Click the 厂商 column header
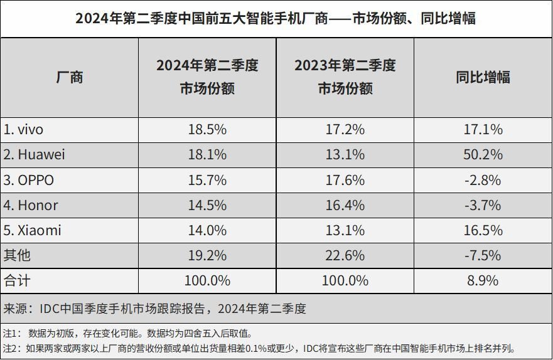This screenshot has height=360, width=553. click(x=70, y=77)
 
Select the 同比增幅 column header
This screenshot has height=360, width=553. click(x=483, y=77)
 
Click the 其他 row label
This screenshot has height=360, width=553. click(x=17, y=255)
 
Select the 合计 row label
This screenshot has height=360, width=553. click(x=17, y=281)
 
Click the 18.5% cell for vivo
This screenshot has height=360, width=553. click(x=207, y=130)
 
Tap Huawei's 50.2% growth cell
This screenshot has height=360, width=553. click(x=483, y=155)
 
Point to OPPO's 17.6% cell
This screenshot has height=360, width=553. click(x=345, y=180)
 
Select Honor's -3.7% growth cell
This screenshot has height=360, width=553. click(x=483, y=205)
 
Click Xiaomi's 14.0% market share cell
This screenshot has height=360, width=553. click(x=207, y=230)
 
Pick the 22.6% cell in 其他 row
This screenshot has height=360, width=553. click(x=345, y=255)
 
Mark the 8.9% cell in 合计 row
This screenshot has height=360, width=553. click(x=483, y=281)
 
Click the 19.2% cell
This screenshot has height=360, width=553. click(x=207, y=255)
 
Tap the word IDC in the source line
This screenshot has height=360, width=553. click(x=50, y=309)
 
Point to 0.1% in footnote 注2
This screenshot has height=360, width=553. click(x=255, y=349)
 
